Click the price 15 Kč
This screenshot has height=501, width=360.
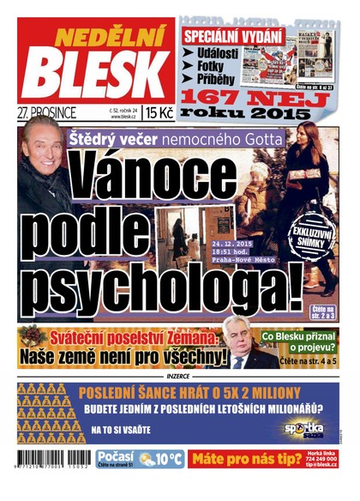tap(159, 112)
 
